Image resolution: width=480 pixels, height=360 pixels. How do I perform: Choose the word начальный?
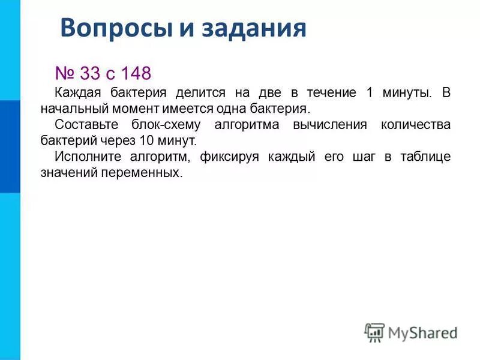[76, 110]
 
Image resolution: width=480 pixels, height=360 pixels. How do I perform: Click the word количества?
[415, 125]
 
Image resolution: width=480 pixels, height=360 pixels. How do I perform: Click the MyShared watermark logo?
[410, 332]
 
